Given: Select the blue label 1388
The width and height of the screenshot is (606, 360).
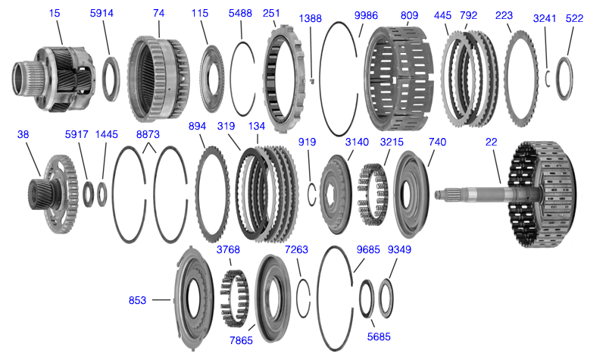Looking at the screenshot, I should (312, 17).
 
